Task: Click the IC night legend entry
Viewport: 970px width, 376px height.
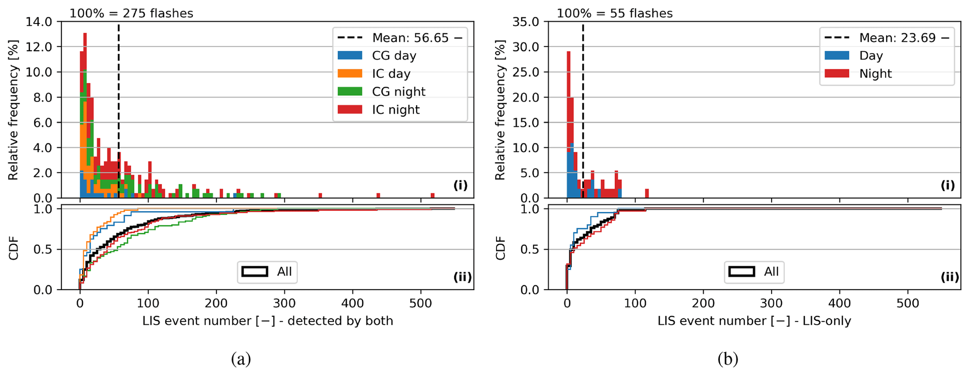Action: pyautogui.click(x=395, y=110)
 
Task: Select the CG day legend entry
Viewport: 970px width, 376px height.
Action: pyautogui.click(x=394, y=56)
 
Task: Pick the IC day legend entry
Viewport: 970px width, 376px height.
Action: pyautogui.click(x=391, y=74)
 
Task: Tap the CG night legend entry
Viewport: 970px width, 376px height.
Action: pyautogui.click(x=398, y=92)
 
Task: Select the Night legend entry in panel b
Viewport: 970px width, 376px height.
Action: pyautogui.click(x=875, y=74)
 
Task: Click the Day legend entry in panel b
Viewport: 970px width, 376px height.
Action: pyautogui.click(x=871, y=56)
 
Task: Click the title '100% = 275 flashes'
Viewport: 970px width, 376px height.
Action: pyautogui.click(x=131, y=13)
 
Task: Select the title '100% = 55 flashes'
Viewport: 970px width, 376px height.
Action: pyautogui.click(x=615, y=13)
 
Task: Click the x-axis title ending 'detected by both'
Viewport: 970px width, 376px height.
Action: pyautogui.click(x=267, y=321)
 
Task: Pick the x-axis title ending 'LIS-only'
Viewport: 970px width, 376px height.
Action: pyautogui.click(x=754, y=321)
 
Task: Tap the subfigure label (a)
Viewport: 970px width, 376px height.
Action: pyautogui.click(x=241, y=359)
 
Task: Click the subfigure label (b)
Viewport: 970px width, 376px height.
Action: pyautogui.click(x=728, y=359)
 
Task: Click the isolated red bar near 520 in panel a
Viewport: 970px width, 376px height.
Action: pyautogui.click(x=433, y=195)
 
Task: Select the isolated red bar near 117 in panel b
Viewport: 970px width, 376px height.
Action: pyautogui.click(x=647, y=193)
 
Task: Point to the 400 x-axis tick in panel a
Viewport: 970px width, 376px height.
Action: pyautogui.click(x=352, y=303)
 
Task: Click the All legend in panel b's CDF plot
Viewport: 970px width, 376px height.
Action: pyautogui.click(x=754, y=272)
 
